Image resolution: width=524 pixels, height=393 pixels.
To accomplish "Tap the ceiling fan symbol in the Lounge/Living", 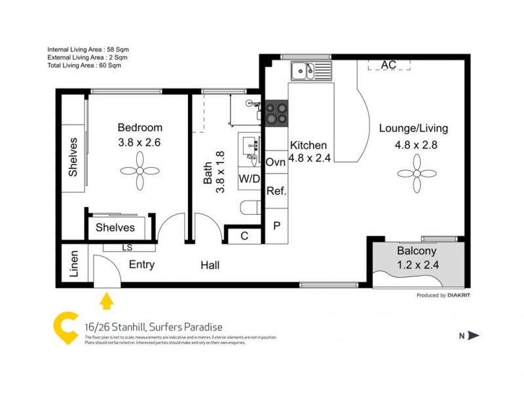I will (417, 174).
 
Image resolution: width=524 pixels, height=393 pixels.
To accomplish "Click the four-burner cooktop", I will (276, 113).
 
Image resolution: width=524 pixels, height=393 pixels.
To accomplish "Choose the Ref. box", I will (276, 192).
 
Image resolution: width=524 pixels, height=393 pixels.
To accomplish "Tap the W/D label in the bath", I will (248, 178).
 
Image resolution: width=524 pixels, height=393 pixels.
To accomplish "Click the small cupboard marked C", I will (244, 236).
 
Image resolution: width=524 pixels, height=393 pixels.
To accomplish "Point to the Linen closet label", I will (74, 264).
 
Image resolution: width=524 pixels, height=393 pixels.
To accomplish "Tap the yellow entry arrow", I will (105, 301).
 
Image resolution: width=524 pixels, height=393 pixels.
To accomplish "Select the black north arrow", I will (474, 335).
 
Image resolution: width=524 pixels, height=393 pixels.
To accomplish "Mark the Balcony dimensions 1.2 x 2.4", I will (417, 265).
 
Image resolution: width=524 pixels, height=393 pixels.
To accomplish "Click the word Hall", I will (210, 265).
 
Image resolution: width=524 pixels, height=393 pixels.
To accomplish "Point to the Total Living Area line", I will (84, 65).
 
